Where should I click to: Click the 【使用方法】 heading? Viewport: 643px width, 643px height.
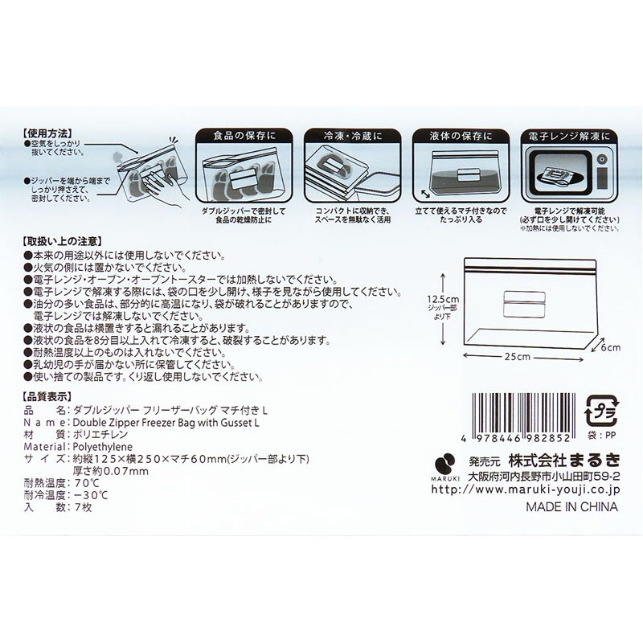click(x=48, y=133)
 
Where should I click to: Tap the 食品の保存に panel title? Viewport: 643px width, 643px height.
click(x=244, y=136)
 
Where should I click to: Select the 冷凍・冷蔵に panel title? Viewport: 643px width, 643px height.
click(x=353, y=136)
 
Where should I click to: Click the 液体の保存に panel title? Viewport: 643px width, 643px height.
click(x=461, y=136)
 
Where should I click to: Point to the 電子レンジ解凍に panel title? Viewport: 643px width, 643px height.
click(x=569, y=136)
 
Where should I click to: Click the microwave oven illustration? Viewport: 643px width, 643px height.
click(x=569, y=173)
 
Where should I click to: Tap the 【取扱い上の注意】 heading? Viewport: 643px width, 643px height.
click(x=62, y=241)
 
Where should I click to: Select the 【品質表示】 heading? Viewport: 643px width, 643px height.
click(x=48, y=396)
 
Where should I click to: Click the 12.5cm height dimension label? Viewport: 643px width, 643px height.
click(x=443, y=299)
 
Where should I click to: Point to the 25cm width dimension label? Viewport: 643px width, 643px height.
click(x=518, y=356)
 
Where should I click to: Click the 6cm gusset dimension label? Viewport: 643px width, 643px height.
click(x=611, y=348)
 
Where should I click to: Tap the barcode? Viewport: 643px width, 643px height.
click(x=523, y=418)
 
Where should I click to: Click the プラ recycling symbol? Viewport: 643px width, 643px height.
click(x=600, y=412)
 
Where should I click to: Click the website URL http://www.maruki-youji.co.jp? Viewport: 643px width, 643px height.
click(x=526, y=489)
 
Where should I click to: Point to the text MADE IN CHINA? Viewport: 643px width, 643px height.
click(x=571, y=507)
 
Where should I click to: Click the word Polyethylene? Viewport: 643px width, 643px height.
click(x=103, y=447)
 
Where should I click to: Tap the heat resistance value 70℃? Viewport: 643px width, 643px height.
click(x=87, y=483)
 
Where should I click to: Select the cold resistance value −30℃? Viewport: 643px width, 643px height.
click(x=91, y=495)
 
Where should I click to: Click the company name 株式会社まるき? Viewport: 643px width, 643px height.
click(x=564, y=461)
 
